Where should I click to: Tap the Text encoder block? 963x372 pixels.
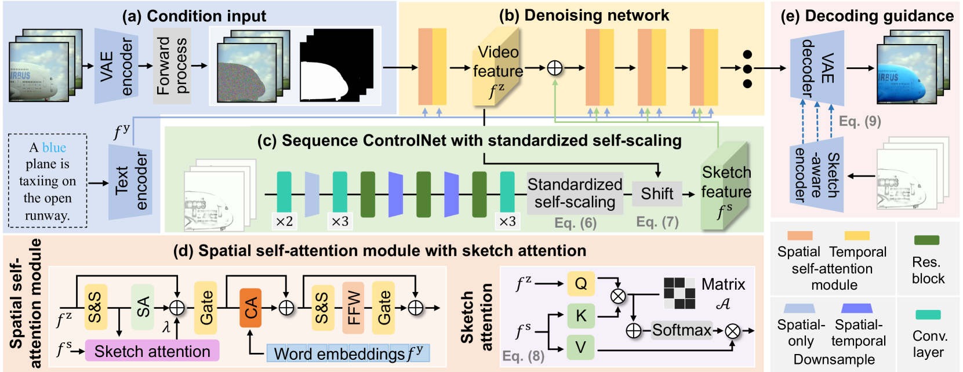point(130,181)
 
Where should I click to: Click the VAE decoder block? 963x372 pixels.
point(817,68)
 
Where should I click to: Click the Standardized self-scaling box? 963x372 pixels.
point(575,193)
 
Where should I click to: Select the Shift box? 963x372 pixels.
point(657,194)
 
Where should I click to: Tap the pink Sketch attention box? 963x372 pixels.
point(152,351)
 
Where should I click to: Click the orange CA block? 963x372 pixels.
point(250,308)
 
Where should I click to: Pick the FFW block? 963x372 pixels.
point(353,308)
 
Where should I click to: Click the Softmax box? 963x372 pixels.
point(681,330)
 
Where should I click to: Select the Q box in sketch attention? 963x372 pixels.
point(580,283)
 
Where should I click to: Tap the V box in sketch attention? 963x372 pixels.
point(580,348)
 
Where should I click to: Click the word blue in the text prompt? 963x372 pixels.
point(54,147)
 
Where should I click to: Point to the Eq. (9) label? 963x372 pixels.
point(860,121)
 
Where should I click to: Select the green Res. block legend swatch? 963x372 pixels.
point(926,240)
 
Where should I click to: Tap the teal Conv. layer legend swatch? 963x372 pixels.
point(928,315)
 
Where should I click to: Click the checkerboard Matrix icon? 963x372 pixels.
point(679,293)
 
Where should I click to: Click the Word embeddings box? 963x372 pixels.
point(348,353)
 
